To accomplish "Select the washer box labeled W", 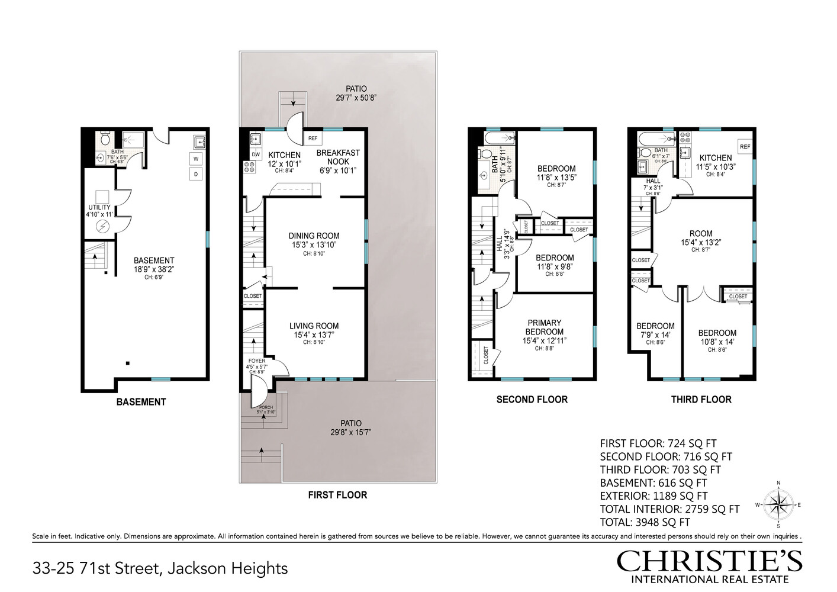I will pyautogui.click(x=195, y=158).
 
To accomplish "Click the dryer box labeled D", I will pyautogui.click(x=195, y=173).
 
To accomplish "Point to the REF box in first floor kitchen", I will pyautogui.click(x=313, y=139).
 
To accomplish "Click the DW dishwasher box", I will pyautogui.click(x=255, y=154).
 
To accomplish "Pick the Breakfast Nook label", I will pyautogui.click(x=338, y=157).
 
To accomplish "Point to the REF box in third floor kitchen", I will pyautogui.click(x=744, y=146).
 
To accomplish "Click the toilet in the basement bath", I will pyautogui.click(x=105, y=140).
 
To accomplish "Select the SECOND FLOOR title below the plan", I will pyautogui.click(x=532, y=400).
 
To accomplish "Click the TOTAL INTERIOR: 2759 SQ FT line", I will pyautogui.click(x=669, y=509).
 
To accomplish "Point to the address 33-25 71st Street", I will pyautogui.click(x=160, y=569).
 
